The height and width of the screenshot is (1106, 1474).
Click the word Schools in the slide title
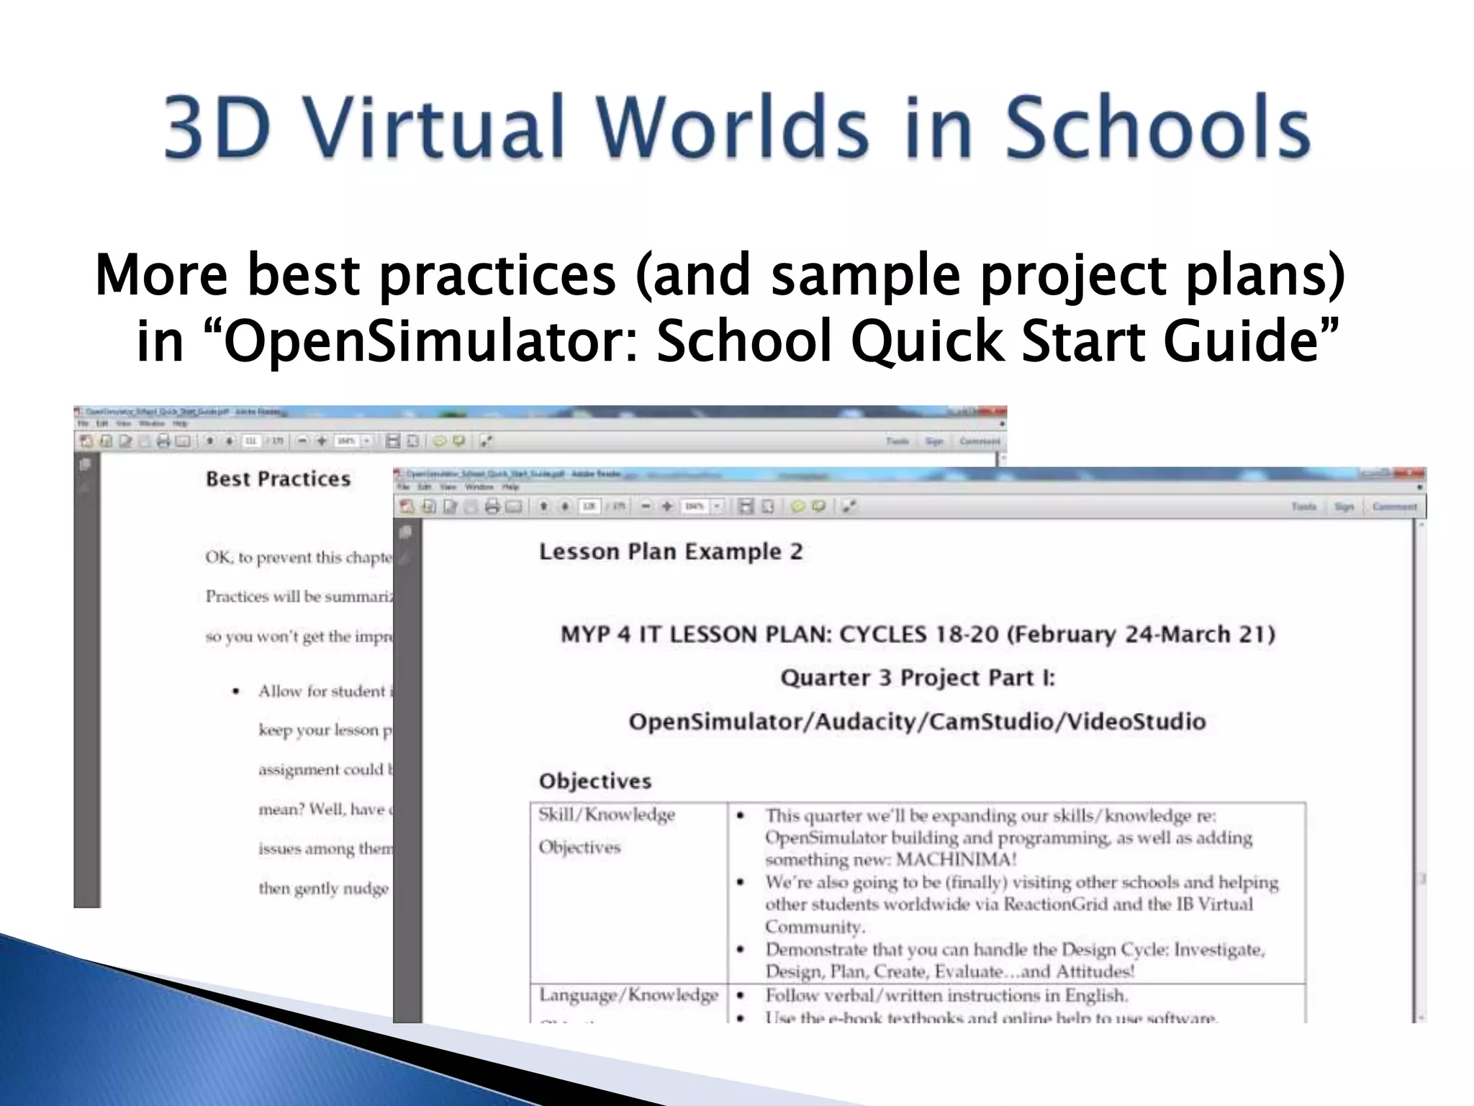pos(1157,128)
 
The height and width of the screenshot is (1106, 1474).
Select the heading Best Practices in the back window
pos(278,479)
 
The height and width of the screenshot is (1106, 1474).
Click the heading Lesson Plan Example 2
pos(670,552)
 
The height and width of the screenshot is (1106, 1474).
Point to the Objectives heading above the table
pos(595,781)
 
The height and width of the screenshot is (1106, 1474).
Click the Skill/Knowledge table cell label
pos(607,814)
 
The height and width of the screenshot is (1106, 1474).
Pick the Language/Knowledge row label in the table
pos(628,995)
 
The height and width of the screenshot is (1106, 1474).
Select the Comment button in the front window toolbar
pos(1394,507)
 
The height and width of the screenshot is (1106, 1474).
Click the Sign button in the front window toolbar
pos(1343,507)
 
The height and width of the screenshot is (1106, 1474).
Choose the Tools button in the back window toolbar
pos(897,441)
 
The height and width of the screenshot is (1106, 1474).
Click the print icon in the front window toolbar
pos(492,507)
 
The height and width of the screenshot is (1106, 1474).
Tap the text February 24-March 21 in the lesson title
pos(1140,634)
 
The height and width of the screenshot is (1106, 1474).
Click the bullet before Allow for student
pos(235,691)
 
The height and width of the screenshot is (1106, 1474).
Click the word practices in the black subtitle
pos(497,275)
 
